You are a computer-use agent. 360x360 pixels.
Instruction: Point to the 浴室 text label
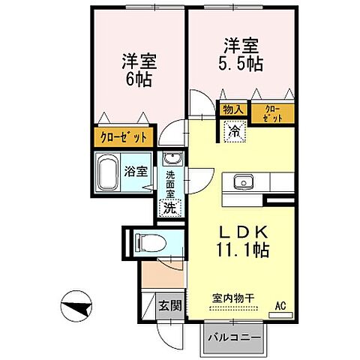136,172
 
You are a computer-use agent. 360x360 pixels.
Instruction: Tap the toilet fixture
146,242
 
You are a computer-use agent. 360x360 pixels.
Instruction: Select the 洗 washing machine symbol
170,208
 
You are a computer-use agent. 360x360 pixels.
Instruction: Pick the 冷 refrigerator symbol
235,130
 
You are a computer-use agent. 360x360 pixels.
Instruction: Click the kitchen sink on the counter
244,182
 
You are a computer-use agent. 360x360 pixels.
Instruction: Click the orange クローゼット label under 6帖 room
124,137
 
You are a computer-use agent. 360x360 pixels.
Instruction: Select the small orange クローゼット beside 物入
274,112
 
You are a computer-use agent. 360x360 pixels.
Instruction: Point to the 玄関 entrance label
169,305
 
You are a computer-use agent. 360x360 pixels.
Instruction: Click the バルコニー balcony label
234,337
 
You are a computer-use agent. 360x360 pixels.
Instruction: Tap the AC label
280,304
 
